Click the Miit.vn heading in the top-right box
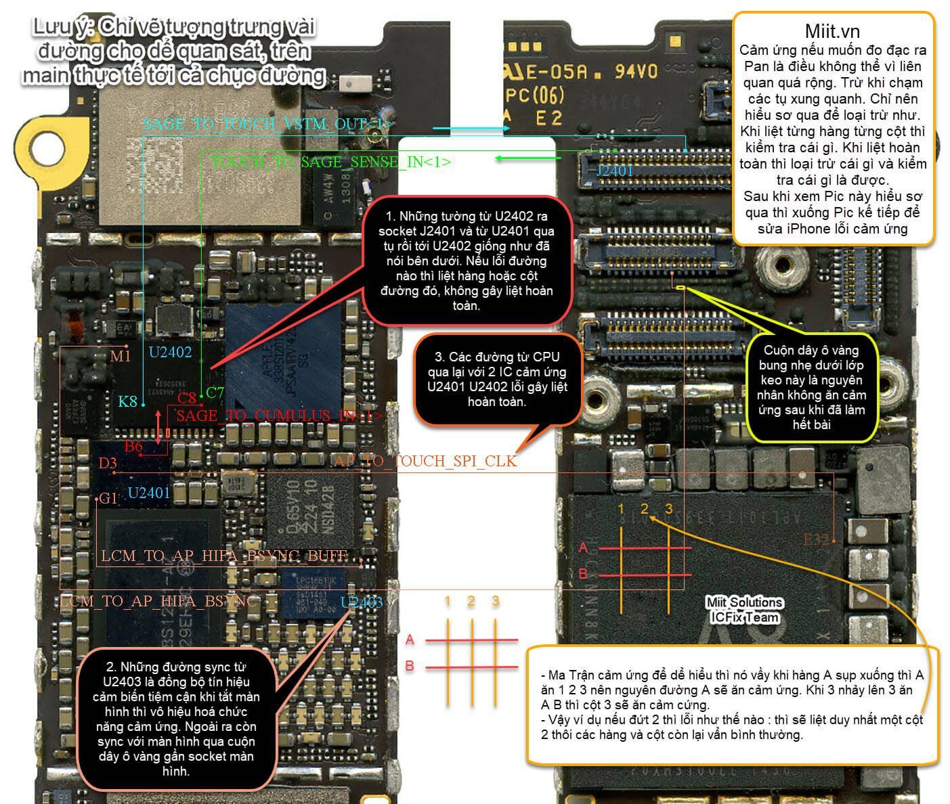832,31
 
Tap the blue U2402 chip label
170,352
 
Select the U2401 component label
148,493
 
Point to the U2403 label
362,602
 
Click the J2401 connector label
614,171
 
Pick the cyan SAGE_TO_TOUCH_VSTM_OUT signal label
268,124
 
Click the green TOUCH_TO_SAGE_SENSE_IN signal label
331,162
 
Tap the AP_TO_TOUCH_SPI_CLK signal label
425,461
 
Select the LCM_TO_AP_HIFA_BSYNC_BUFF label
224,556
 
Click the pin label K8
127,401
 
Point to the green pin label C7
215,392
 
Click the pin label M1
120,356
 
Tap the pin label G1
108,499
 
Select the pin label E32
816,539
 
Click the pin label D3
108,464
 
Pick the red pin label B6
133,446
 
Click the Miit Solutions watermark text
744,602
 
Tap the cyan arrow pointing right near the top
471,128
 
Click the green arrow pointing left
529,158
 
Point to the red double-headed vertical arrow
159,426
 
